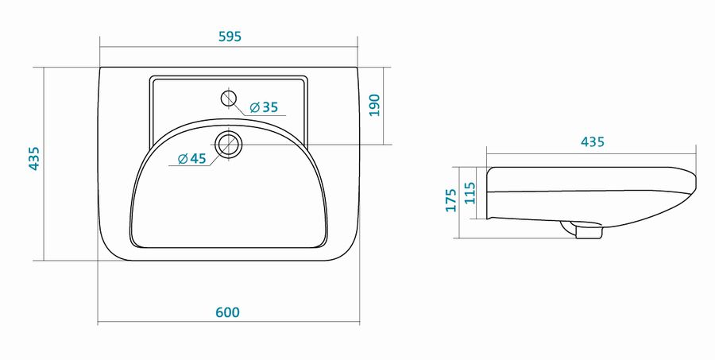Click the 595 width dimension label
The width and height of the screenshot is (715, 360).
pyautogui.click(x=230, y=37)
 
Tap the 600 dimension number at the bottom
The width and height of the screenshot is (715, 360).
pyautogui.click(x=227, y=312)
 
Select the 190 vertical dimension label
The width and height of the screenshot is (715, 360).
pyautogui.click(x=374, y=105)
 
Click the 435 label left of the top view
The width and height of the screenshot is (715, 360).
pyautogui.click(x=34, y=159)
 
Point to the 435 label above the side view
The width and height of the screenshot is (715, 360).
pyautogui.click(x=593, y=142)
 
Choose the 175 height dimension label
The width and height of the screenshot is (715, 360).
pyautogui.click(x=451, y=200)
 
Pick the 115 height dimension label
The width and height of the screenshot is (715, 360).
pyautogui.click(x=470, y=193)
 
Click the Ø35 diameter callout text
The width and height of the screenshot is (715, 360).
pyautogui.click(x=264, y=107)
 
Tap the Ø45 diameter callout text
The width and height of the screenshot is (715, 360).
pyautogui.click(x=192, y=159)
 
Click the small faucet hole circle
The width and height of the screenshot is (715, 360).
pyautogui.click(x=229, y=98)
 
